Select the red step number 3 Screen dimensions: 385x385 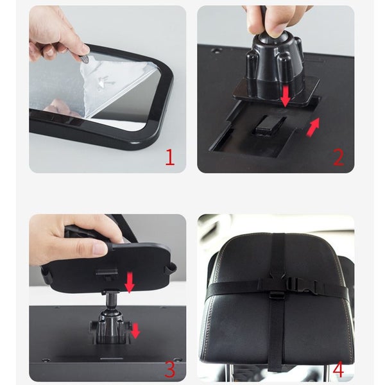(x=170, y=369)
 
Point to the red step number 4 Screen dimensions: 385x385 (x=338, y=369)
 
